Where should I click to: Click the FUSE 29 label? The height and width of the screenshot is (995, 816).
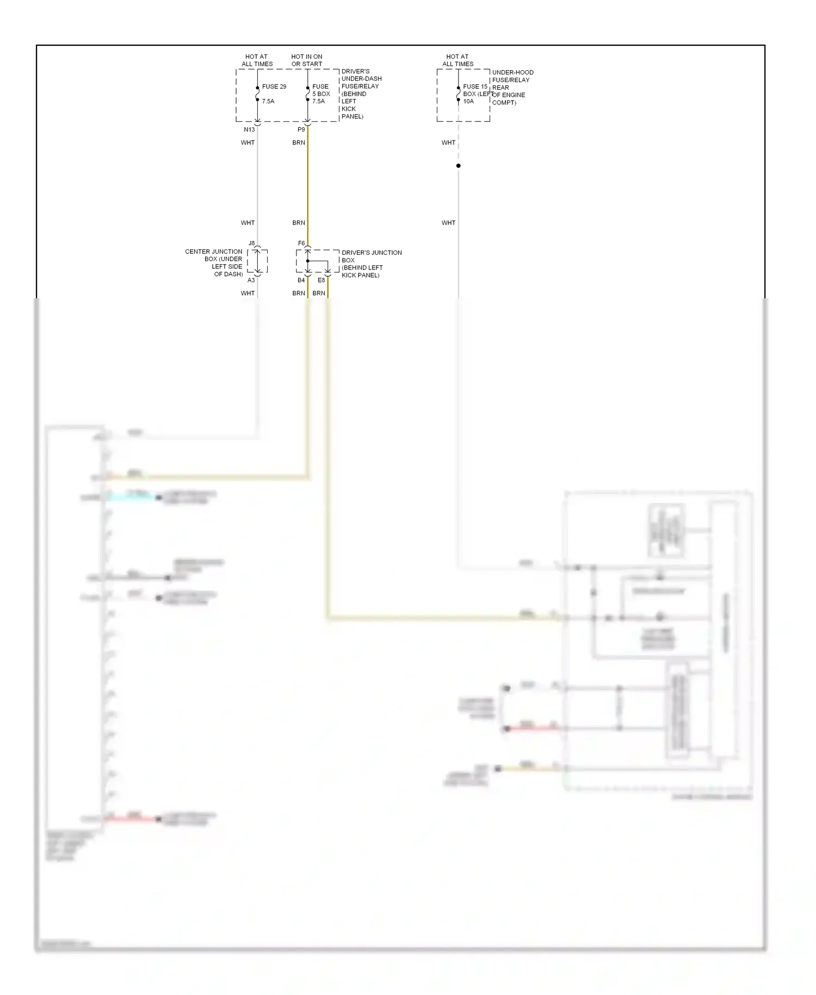click(274, 87)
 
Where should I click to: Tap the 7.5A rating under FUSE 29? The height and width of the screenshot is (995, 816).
click(268, 101)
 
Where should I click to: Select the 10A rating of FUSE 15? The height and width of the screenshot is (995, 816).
click(468, 101)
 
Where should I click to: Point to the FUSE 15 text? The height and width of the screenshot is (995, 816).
click(475, 87)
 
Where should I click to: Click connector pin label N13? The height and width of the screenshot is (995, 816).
click(249, 130)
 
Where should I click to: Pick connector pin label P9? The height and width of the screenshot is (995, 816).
click(301, 130)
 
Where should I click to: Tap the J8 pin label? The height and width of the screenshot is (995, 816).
click(251, 243)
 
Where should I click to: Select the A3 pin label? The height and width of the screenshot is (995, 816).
click(251, 280)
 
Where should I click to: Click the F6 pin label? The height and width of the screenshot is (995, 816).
click(301, 243)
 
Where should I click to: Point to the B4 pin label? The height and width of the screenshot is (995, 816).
click(301, 280)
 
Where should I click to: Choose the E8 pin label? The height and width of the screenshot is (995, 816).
click(321, 280)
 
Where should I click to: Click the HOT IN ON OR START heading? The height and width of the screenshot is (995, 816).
click(307, 60)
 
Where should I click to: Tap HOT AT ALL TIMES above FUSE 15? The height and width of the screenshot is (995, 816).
click(458, 60)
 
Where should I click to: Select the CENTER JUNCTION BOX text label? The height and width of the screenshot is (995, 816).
click(214, 263)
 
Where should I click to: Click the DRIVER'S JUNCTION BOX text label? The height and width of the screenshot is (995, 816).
click(372, 263)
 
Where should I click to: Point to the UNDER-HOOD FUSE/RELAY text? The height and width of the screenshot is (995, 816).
click(512, 76)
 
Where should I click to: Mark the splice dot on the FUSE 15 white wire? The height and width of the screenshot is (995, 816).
click(459, 165)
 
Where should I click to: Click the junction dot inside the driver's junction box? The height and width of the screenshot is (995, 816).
click(307, 261)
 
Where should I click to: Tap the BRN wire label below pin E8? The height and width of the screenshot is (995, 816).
click(319, 293)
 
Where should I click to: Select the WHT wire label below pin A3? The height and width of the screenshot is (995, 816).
click(248, 293)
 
